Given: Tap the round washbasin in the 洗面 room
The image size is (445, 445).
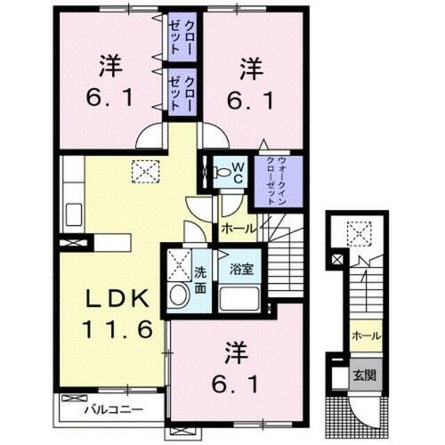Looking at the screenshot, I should point(178,297).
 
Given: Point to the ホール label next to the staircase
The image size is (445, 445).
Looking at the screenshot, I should point(238,229).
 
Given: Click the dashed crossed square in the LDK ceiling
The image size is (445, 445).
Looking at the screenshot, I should point(142,169).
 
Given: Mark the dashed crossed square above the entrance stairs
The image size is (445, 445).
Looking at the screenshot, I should point(360,232).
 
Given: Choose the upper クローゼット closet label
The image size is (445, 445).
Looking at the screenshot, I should point(178,36).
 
